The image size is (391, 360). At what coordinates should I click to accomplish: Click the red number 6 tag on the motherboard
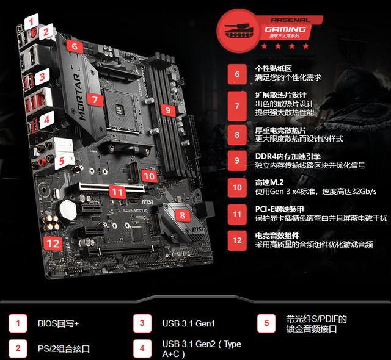tap(75, 46)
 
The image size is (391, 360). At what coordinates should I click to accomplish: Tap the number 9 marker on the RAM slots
tap(169, 110)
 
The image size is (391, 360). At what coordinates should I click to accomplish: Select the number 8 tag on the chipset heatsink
tap(183, 215)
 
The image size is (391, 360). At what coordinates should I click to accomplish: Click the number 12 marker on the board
tap(53, 243)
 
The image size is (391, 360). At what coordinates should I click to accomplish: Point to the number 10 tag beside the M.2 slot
tap(149, 176)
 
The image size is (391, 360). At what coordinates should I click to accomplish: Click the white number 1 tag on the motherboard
tap(31, 21)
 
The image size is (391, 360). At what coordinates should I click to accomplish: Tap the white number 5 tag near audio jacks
tap(62, 161)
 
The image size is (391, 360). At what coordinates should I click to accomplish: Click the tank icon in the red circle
tap(239, 31)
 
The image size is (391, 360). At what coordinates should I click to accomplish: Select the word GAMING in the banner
tap(285, 29)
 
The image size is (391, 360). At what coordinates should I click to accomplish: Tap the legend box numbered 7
tap(237, 106)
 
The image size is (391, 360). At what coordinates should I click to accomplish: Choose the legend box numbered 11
tap(237, 214)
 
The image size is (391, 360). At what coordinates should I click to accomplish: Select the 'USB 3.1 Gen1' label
tap(189, 323)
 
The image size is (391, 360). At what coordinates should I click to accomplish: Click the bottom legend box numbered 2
tap(18, 348)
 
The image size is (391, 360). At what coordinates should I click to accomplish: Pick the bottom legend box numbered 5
tap(266, 323)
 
